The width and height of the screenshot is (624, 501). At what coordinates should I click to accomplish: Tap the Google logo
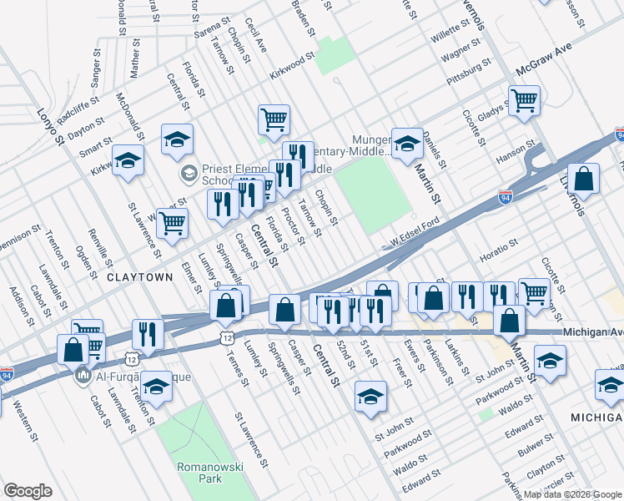click(x=28, y=491)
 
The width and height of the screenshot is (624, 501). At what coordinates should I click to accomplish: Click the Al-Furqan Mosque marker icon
click(x=83, y=377)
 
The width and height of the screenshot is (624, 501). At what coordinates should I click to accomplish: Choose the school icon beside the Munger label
click(x=408, y=143)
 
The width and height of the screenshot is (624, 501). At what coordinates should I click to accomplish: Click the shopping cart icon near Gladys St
click(x=524, y=101)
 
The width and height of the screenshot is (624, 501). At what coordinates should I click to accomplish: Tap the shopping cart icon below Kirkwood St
click(x=274, y=120)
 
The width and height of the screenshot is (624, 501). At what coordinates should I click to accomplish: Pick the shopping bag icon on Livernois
click(x=583, y=179)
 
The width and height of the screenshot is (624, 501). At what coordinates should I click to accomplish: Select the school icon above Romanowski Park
click(x=155, y=387)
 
